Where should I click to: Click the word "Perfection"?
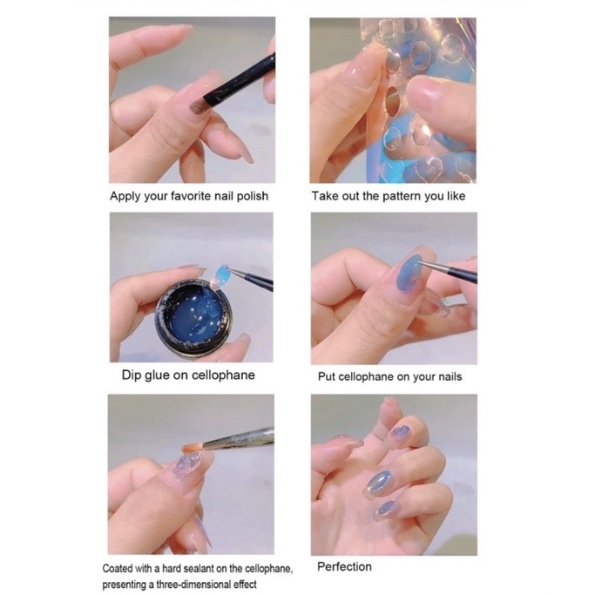click(344, 567)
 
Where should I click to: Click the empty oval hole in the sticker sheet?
click(392, 100)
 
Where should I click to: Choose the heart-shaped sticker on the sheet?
click(431, 166)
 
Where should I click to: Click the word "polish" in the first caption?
click(253, 197)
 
